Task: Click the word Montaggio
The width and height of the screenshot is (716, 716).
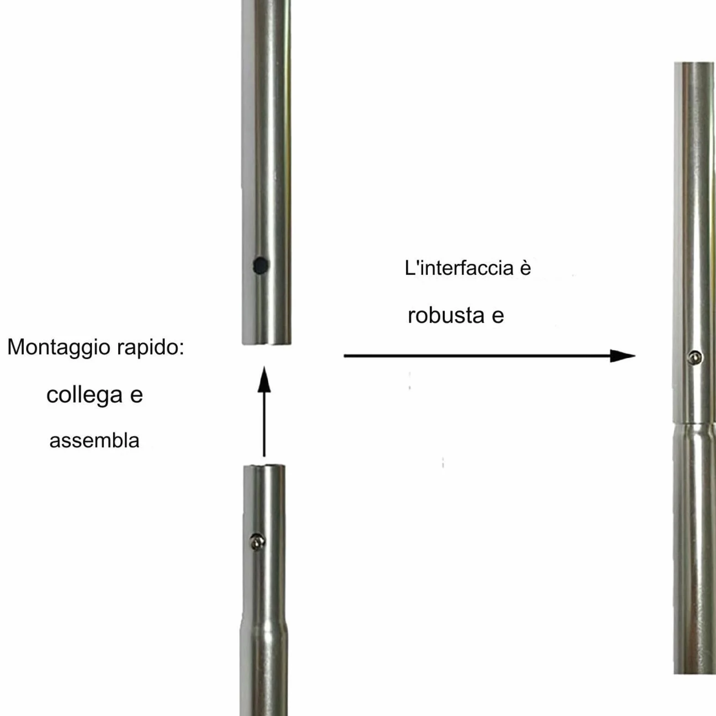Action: (59, 348)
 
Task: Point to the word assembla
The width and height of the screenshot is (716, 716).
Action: (94, 441)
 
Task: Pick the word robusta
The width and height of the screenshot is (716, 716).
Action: (446, 315)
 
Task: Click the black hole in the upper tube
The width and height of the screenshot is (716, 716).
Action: (261, 265)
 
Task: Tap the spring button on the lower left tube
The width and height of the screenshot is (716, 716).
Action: (257, 542)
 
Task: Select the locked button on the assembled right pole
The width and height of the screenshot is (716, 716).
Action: (695, 357)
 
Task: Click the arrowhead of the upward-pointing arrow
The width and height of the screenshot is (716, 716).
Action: (264, 380)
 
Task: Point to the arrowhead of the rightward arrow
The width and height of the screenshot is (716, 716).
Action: (622, 355)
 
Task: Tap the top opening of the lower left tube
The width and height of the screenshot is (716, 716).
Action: (264, 466)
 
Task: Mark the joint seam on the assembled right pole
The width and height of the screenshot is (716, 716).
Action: (694, 423)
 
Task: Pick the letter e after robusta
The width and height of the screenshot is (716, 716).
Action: (498, 317)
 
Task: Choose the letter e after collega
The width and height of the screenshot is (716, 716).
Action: (136, 396)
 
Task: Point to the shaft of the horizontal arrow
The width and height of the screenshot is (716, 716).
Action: (477, 355)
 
